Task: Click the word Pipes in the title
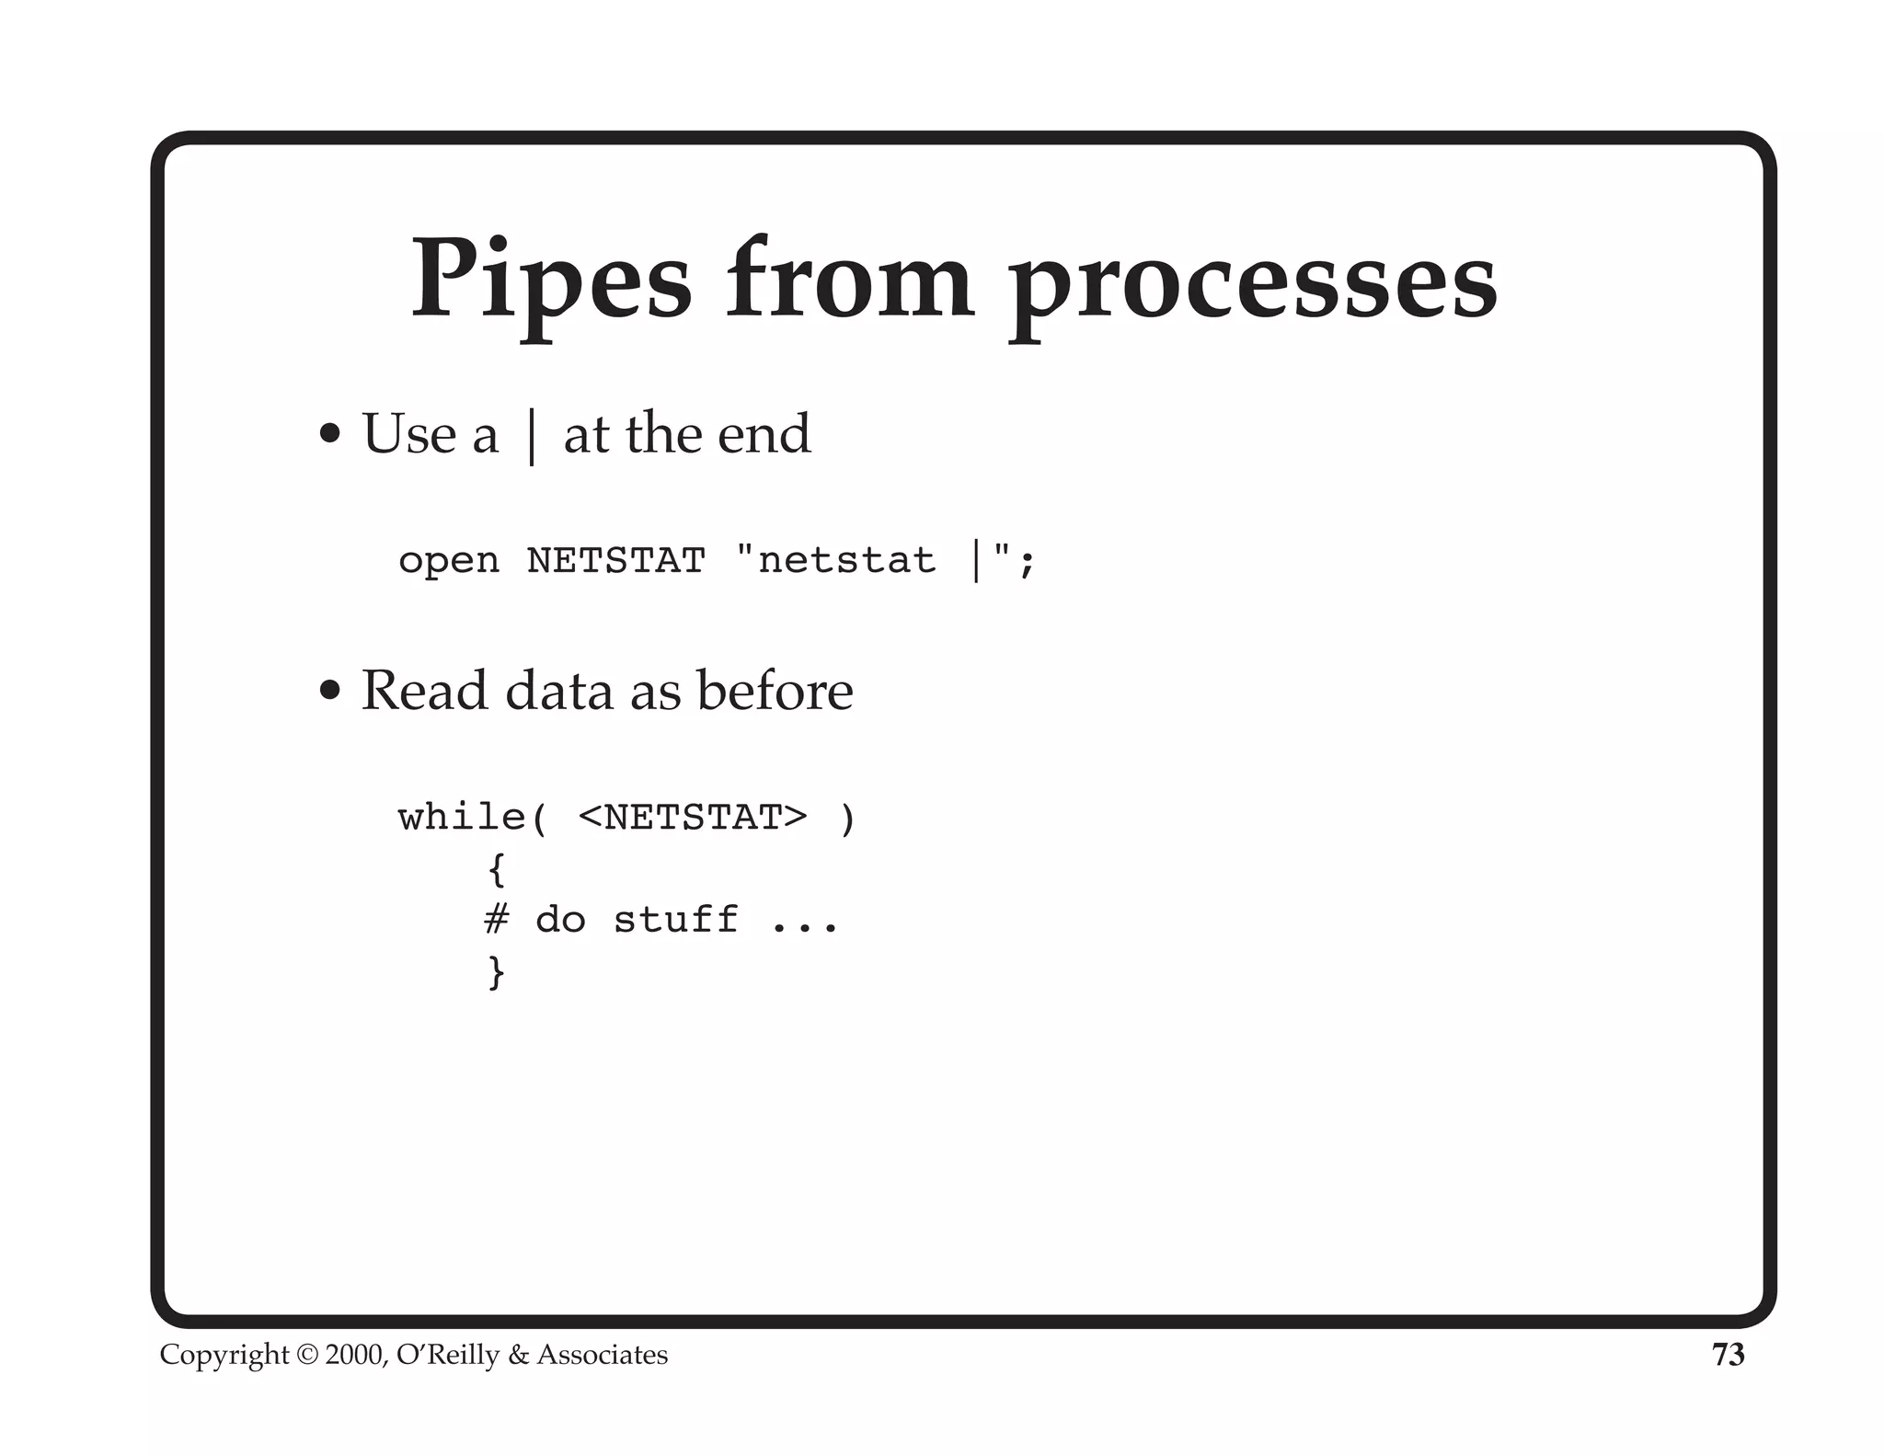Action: [550, 280]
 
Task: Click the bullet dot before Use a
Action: [329, 434]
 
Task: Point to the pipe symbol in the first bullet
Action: [531, 436]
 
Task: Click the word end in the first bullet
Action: [764, 434]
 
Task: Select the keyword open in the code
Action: [448, 561]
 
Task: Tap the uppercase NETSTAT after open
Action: [615, 560]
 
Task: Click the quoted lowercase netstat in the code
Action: [846, 560]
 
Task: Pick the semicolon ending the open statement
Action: [1027, 562]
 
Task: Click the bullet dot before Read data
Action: [329, 690]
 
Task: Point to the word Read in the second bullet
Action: [424, 690]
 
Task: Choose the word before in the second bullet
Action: [775, 690]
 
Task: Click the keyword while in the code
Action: [463, 817]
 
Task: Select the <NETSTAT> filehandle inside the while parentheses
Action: [693, 817]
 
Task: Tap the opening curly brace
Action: [497, 869]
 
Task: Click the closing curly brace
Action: [497, 972]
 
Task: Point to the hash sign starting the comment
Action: [497, 919]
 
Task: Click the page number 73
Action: [1728, 1355]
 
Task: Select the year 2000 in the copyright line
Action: [355, 1355]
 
